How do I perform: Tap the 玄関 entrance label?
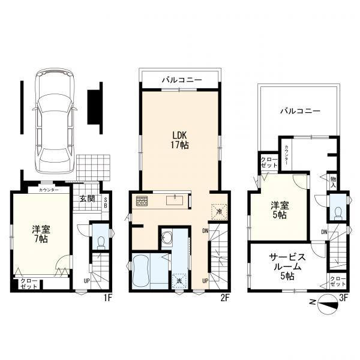(x=87, y=199)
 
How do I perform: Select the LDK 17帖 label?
(x=179, y=140)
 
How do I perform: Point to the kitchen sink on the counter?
(x=175, y=200)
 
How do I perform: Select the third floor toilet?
(x=338, y=213)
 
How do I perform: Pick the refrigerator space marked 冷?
(x=219, y=212)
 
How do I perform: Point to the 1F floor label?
(x=107, y=298)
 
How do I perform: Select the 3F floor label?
(x=343, y=298)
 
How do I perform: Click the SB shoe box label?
(x=106, y=203)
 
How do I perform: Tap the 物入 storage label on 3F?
(x=333, y=182)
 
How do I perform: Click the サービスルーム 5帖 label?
(x=287, y=266)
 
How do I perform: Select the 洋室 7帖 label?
(x=41, y=234)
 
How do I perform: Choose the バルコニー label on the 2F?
(x=182, y=80)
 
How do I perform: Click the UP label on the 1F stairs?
(x=87, y=281)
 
